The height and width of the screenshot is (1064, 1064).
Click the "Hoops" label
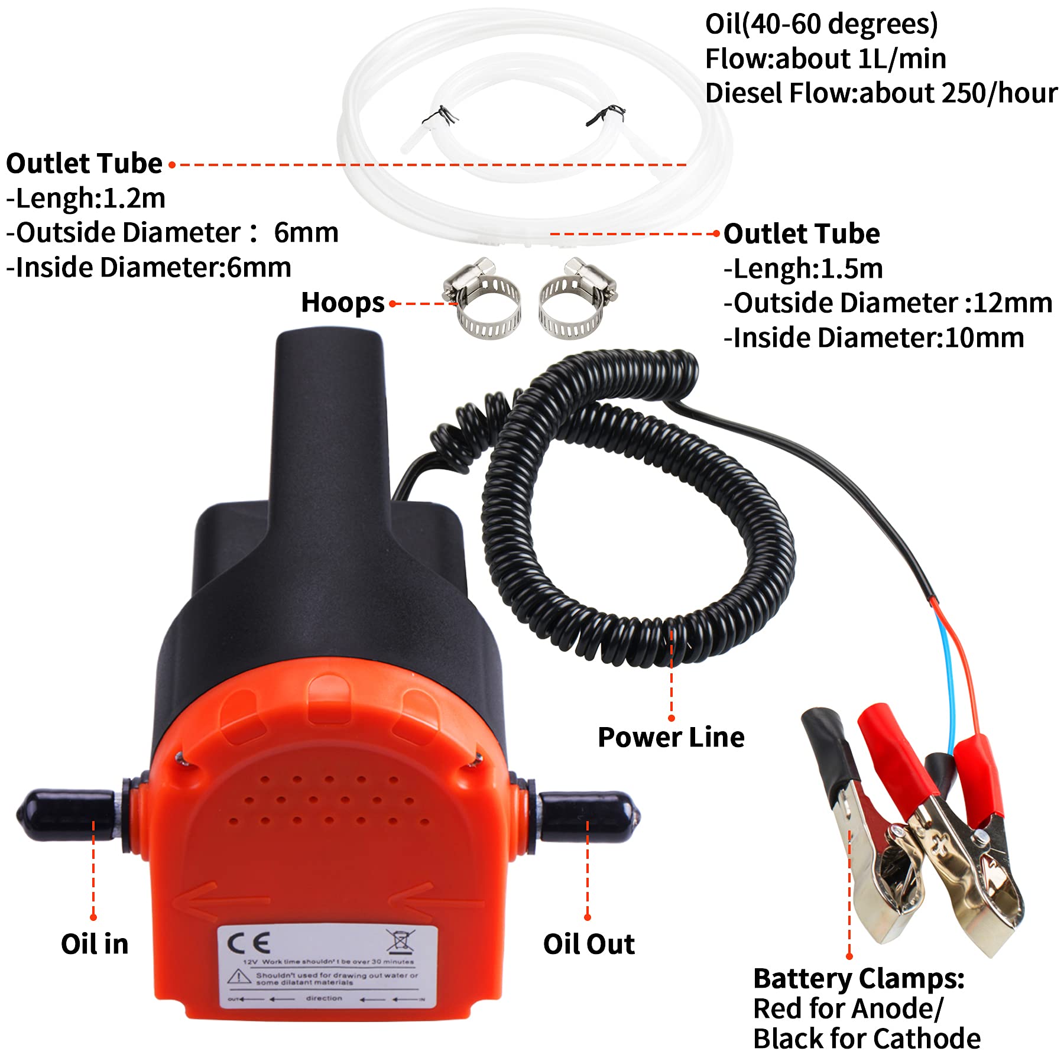342,303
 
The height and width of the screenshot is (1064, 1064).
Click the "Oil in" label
95,944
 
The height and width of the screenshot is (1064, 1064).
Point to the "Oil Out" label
589,944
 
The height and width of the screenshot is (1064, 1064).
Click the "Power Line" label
671,737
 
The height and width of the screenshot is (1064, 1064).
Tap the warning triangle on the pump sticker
239,977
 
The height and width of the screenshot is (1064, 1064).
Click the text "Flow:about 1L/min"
825,59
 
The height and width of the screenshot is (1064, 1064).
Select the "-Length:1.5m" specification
803,269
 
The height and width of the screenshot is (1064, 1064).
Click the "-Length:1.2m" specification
86,198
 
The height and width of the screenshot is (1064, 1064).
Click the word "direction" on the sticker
324,998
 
